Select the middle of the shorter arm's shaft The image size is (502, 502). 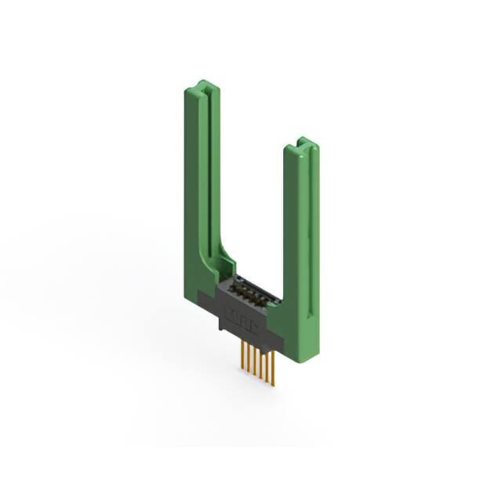302,235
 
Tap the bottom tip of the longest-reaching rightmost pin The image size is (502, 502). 273,385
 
